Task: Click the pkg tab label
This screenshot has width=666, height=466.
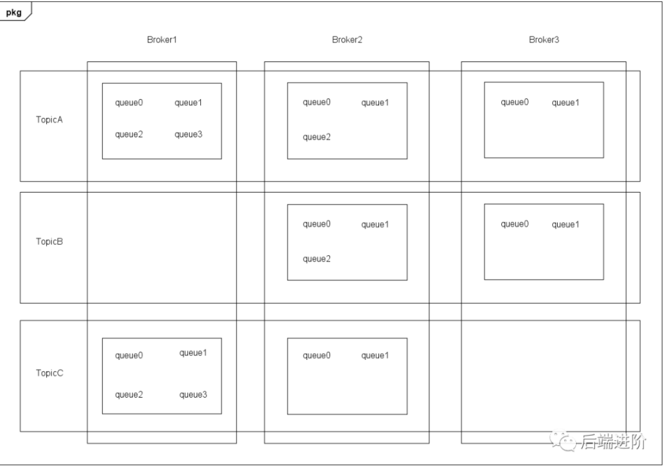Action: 13,13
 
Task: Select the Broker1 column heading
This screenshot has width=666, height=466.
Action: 162,40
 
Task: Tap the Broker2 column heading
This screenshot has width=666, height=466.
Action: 347,40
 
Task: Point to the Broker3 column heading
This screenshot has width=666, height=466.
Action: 544,40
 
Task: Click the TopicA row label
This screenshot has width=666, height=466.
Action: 50,120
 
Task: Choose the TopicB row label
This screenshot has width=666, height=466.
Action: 50,241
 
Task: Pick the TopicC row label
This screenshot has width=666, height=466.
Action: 50,373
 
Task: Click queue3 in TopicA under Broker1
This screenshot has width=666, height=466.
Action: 188,135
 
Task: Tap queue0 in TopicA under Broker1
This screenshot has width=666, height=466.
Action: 128,103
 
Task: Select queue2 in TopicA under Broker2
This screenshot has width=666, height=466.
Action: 316,137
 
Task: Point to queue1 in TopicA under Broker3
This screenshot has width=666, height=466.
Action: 565,103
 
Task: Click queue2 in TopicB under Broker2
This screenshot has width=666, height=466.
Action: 316,259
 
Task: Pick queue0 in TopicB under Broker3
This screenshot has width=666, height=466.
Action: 515,224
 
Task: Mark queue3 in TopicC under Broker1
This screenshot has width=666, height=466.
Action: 193,395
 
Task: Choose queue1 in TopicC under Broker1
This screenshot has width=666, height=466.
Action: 193,353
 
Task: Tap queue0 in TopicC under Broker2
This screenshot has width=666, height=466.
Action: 316,356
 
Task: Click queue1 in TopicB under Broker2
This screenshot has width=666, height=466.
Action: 375,225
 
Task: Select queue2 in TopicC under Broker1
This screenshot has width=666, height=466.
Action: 128,395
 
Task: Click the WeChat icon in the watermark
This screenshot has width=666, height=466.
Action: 563,442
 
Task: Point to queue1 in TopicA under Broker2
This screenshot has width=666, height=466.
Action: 375,103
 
